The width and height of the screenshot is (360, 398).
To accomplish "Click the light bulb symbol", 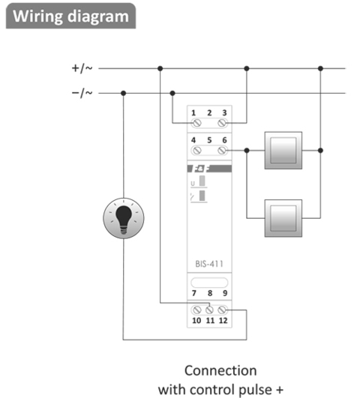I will pos(123,218).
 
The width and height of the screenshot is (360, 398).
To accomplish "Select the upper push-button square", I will pos(283,150).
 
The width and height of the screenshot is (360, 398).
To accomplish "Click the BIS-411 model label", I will pos(208,264).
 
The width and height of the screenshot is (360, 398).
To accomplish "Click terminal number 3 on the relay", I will pos(223,111).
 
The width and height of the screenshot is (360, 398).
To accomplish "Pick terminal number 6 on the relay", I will pos(223,140).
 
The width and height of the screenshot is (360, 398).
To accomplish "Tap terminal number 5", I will pos(208,140).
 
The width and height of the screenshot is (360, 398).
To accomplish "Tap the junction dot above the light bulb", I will pos(123,93).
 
